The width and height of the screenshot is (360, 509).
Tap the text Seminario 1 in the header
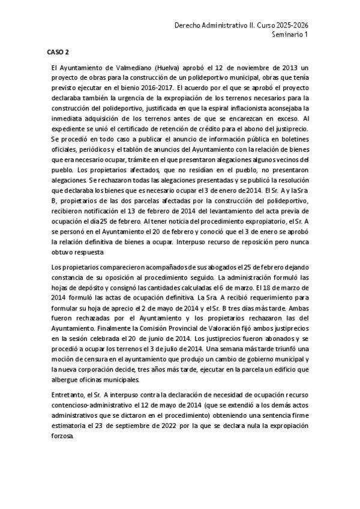pos(290,35)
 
